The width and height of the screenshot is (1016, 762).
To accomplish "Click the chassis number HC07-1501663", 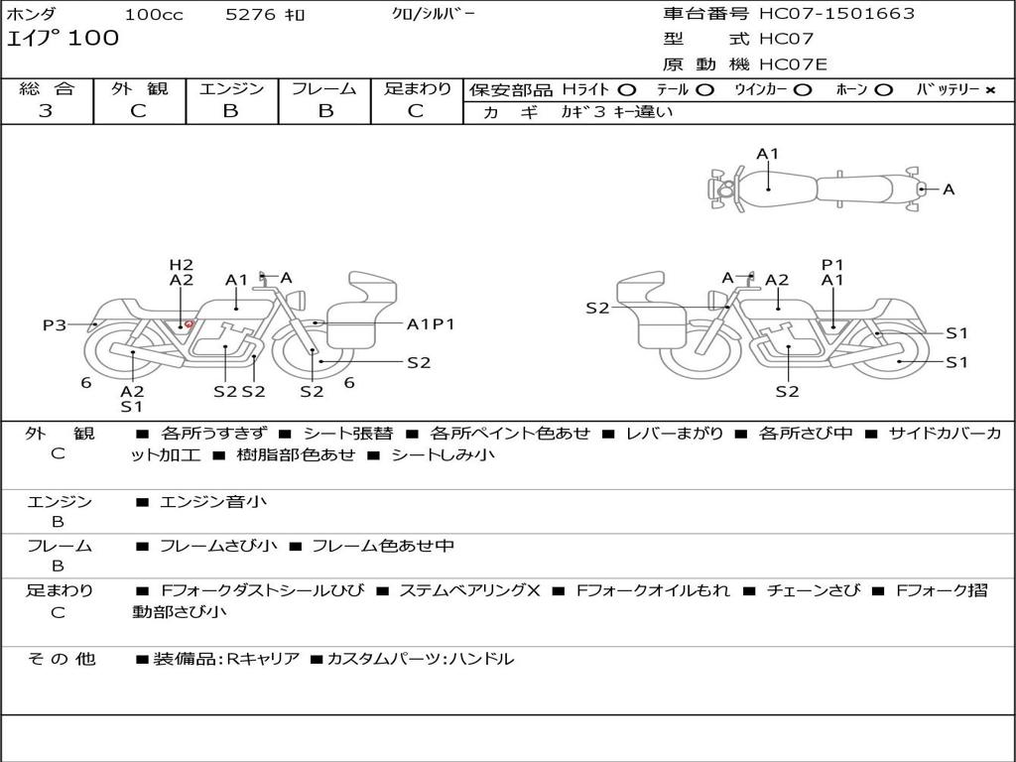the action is pyautogui.click(x=836, y=13).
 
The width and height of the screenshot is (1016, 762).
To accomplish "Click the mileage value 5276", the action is pyautogui.click(x=250, y=14).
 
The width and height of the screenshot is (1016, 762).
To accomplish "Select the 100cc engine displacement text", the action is pyautogui.click(x=154, y=14).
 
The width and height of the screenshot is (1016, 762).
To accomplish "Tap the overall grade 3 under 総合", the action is pyautogui.click(x=46, y=110).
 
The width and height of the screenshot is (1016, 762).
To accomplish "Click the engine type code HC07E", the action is pyautogui.click(x=793, y=64).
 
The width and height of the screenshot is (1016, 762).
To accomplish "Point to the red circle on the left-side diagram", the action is pyautogui.click(x=189, y=324).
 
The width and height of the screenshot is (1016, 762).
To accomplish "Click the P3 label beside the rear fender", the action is pyautogui.click(x=55, y=324).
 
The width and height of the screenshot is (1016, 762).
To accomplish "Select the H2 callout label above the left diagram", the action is pyautogui.click(x=182, y=264).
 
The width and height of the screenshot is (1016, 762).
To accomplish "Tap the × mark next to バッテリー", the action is pyautogui.click(x=989, y=90).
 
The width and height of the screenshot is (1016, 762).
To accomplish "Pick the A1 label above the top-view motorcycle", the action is pyautogui.click(x=767, y=154).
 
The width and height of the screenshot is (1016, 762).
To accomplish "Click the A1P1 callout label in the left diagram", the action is pyautogui.click(x=431, y=324).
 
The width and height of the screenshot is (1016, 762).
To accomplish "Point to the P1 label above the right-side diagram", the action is pyautogui.click(x=832, y=264).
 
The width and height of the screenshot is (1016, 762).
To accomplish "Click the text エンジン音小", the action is pyautogui.click(x=212, y=501).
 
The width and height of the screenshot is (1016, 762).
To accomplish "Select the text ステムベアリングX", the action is pyautogui.click(x=469, y=590).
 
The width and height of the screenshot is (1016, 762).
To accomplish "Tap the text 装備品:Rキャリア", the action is pyautogui.click(x=226, y=659).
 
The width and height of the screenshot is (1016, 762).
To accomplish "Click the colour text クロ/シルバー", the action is pyautogui.click(x=433, y=14).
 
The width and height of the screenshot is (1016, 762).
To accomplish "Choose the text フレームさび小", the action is pyautogui.click(x=218, y=546).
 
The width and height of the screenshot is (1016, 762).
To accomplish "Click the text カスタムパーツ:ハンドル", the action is pyautogui.click(x=421, y=659).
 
